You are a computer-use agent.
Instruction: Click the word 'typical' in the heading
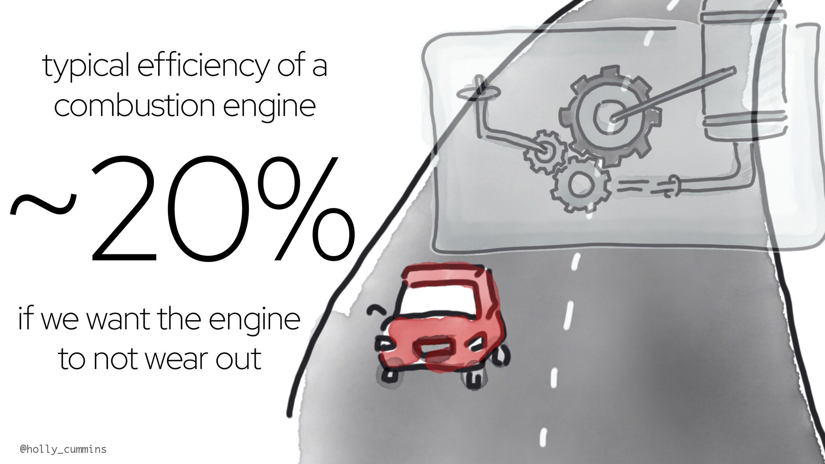[86, 67]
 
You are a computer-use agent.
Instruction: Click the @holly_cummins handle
[63, 449]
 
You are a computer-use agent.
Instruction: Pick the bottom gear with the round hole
[580, 184]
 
